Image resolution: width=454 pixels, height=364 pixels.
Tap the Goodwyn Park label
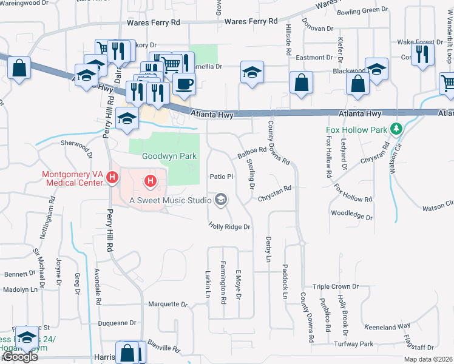pyautogui.click(x=169, y=156)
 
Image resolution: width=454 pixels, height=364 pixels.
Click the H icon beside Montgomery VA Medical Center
pyautogui.click(x=112, y=178)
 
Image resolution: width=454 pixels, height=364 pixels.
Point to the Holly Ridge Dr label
pyautogui.click(x=229, y=226)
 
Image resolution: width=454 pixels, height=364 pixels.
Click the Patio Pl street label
pyautogui.click(x=222, y=177)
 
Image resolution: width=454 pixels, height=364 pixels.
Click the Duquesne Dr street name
pyautogui.click(x=117, y=324)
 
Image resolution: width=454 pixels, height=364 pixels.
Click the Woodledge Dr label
pyautogui.click(x=351, y=215)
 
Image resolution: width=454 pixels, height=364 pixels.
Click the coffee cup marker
pyautogui.click(x=184, y=84)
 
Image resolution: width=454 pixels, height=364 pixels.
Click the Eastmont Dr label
pyautogui.click(x=314, y=58)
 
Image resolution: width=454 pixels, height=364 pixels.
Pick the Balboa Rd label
pyautogui.click(x=252, y=153)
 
